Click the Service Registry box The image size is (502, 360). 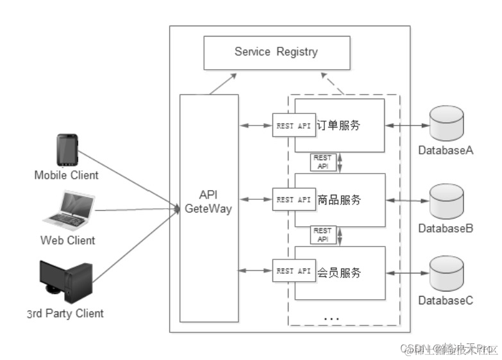276,53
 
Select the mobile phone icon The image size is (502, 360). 67,151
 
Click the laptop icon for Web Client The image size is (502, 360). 69,209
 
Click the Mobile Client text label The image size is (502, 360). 67,175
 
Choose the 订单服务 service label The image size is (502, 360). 339,126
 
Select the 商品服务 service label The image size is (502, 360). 339,199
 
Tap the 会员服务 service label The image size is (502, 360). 339,272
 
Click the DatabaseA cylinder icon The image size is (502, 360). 446,125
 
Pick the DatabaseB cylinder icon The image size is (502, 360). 446,201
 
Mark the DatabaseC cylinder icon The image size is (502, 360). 446,273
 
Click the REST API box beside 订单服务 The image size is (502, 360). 294,126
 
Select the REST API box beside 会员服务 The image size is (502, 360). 294,272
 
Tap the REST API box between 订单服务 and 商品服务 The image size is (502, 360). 322,162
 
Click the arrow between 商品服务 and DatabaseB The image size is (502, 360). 407,200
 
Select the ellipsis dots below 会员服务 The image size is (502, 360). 331,318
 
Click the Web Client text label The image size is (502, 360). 67,241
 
